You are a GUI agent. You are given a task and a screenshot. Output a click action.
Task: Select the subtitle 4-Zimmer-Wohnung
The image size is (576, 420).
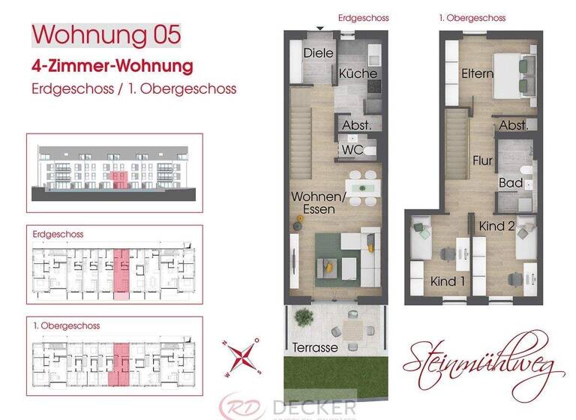112,65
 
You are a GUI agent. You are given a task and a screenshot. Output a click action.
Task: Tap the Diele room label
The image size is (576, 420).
318,53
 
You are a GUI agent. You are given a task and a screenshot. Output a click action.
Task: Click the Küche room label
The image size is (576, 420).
358,73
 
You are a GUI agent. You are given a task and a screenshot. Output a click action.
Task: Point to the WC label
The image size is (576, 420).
352,150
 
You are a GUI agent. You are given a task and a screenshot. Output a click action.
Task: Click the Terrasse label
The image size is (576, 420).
315,348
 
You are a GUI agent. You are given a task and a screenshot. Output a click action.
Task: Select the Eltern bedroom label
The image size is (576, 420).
477,73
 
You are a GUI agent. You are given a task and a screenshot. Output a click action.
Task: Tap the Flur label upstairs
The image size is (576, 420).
481,160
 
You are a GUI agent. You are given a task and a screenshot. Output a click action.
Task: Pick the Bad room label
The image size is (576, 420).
511,183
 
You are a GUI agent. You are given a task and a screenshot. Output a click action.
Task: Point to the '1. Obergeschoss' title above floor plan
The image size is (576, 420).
472,17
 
